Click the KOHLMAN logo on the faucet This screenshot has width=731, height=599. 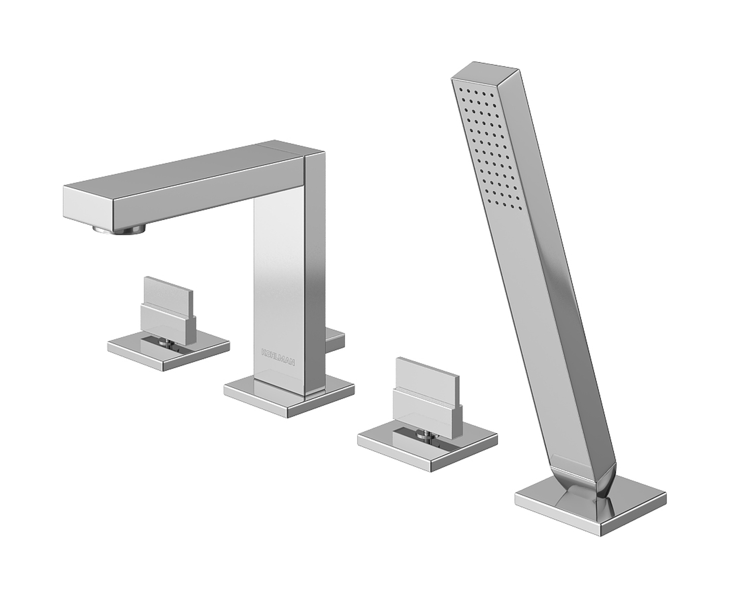click(x=278, y=357)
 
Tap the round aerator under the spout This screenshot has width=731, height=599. click(x=120, y=229)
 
